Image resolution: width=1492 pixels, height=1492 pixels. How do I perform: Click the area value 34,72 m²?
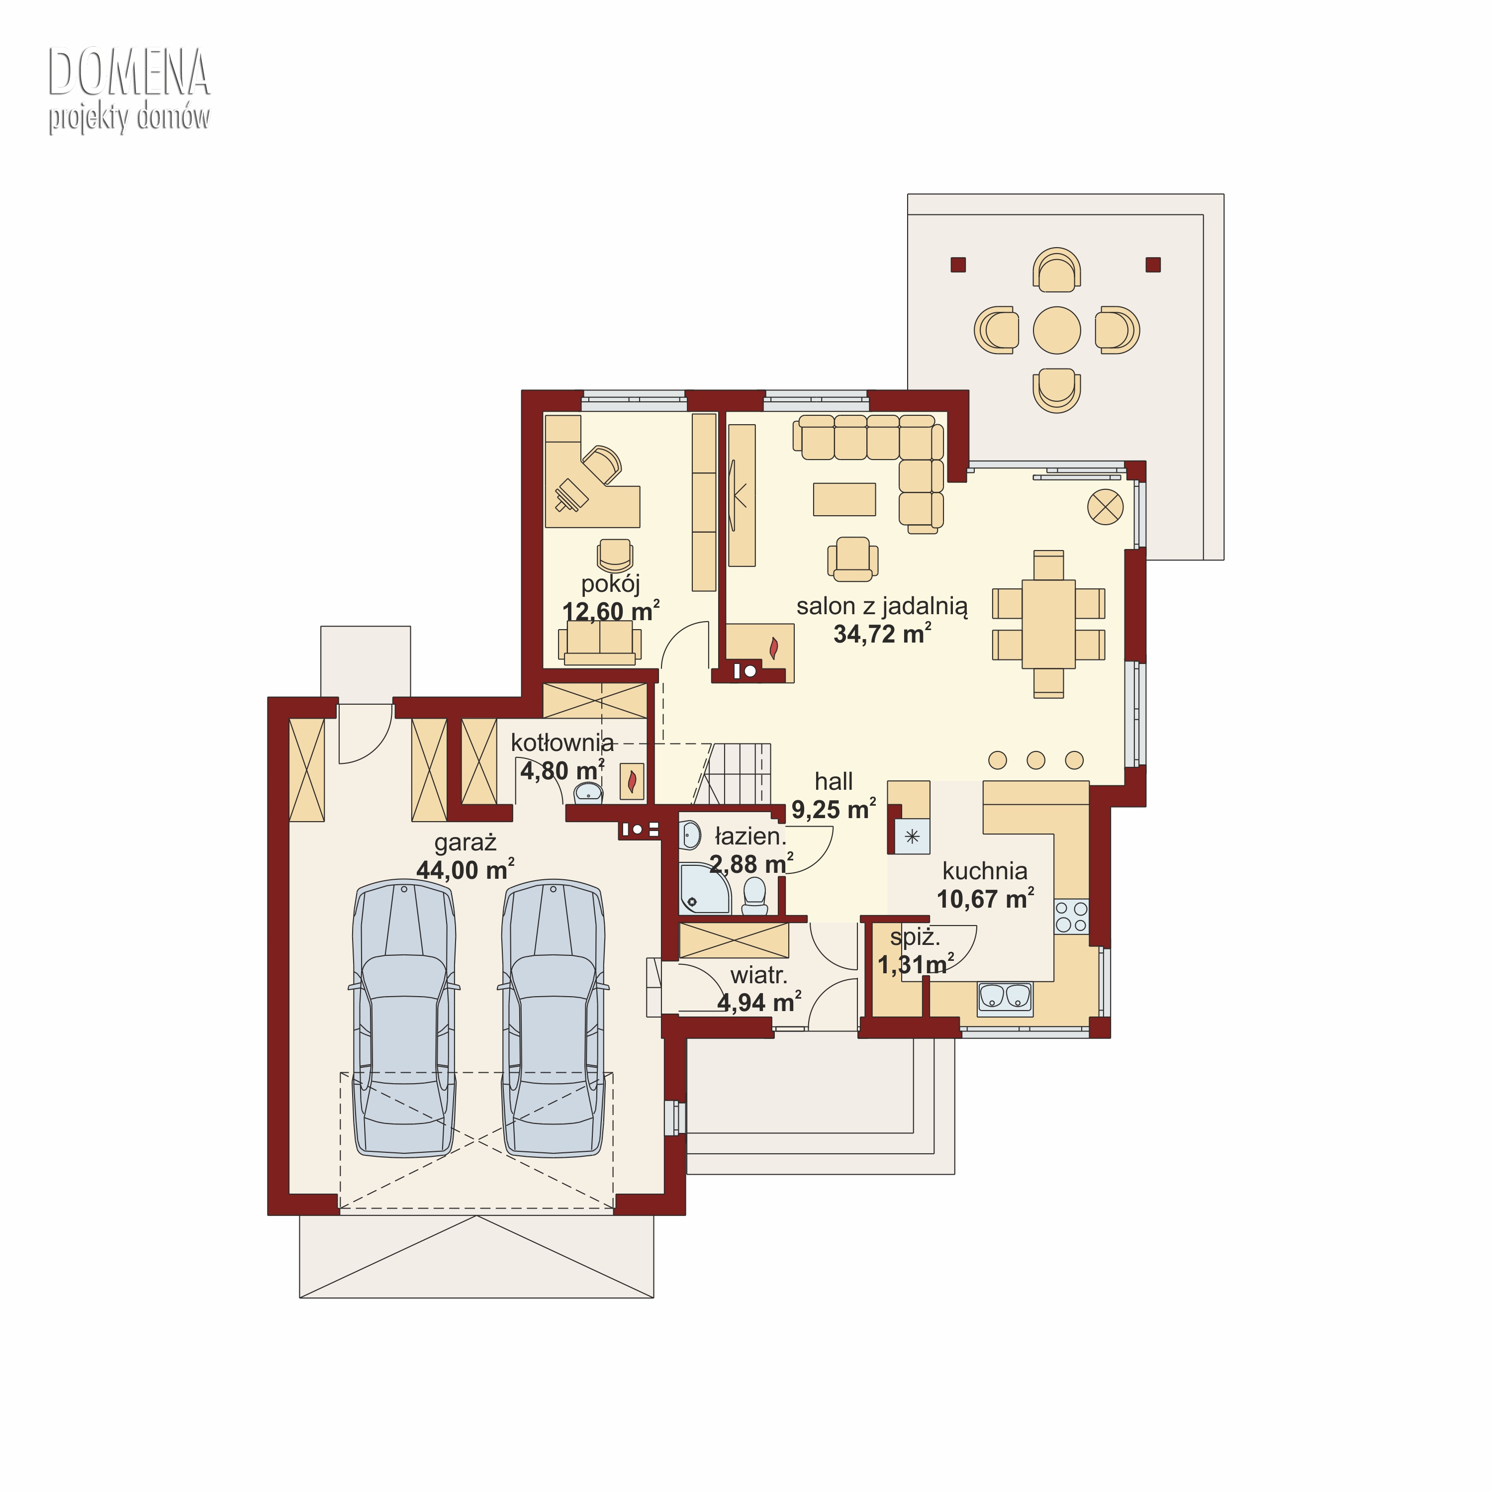click(x=882, y=634)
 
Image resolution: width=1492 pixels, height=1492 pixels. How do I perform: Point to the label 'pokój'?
click(x=610, y=584)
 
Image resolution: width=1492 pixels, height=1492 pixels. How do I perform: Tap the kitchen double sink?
click(x=1005, y=997)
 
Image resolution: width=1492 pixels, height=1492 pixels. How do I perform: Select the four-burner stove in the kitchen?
click(x=1071, y=917)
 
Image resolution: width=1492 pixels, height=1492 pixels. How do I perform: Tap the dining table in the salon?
click(x=1048, y=624)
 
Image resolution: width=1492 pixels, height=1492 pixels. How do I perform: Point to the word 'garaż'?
click(x=465, y=842)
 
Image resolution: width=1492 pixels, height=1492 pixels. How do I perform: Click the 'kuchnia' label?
click(x=985, y=871)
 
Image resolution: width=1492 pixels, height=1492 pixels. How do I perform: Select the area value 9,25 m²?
click(x=833, y=809)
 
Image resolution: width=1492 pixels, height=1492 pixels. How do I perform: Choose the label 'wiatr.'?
click(x=758, y=975)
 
